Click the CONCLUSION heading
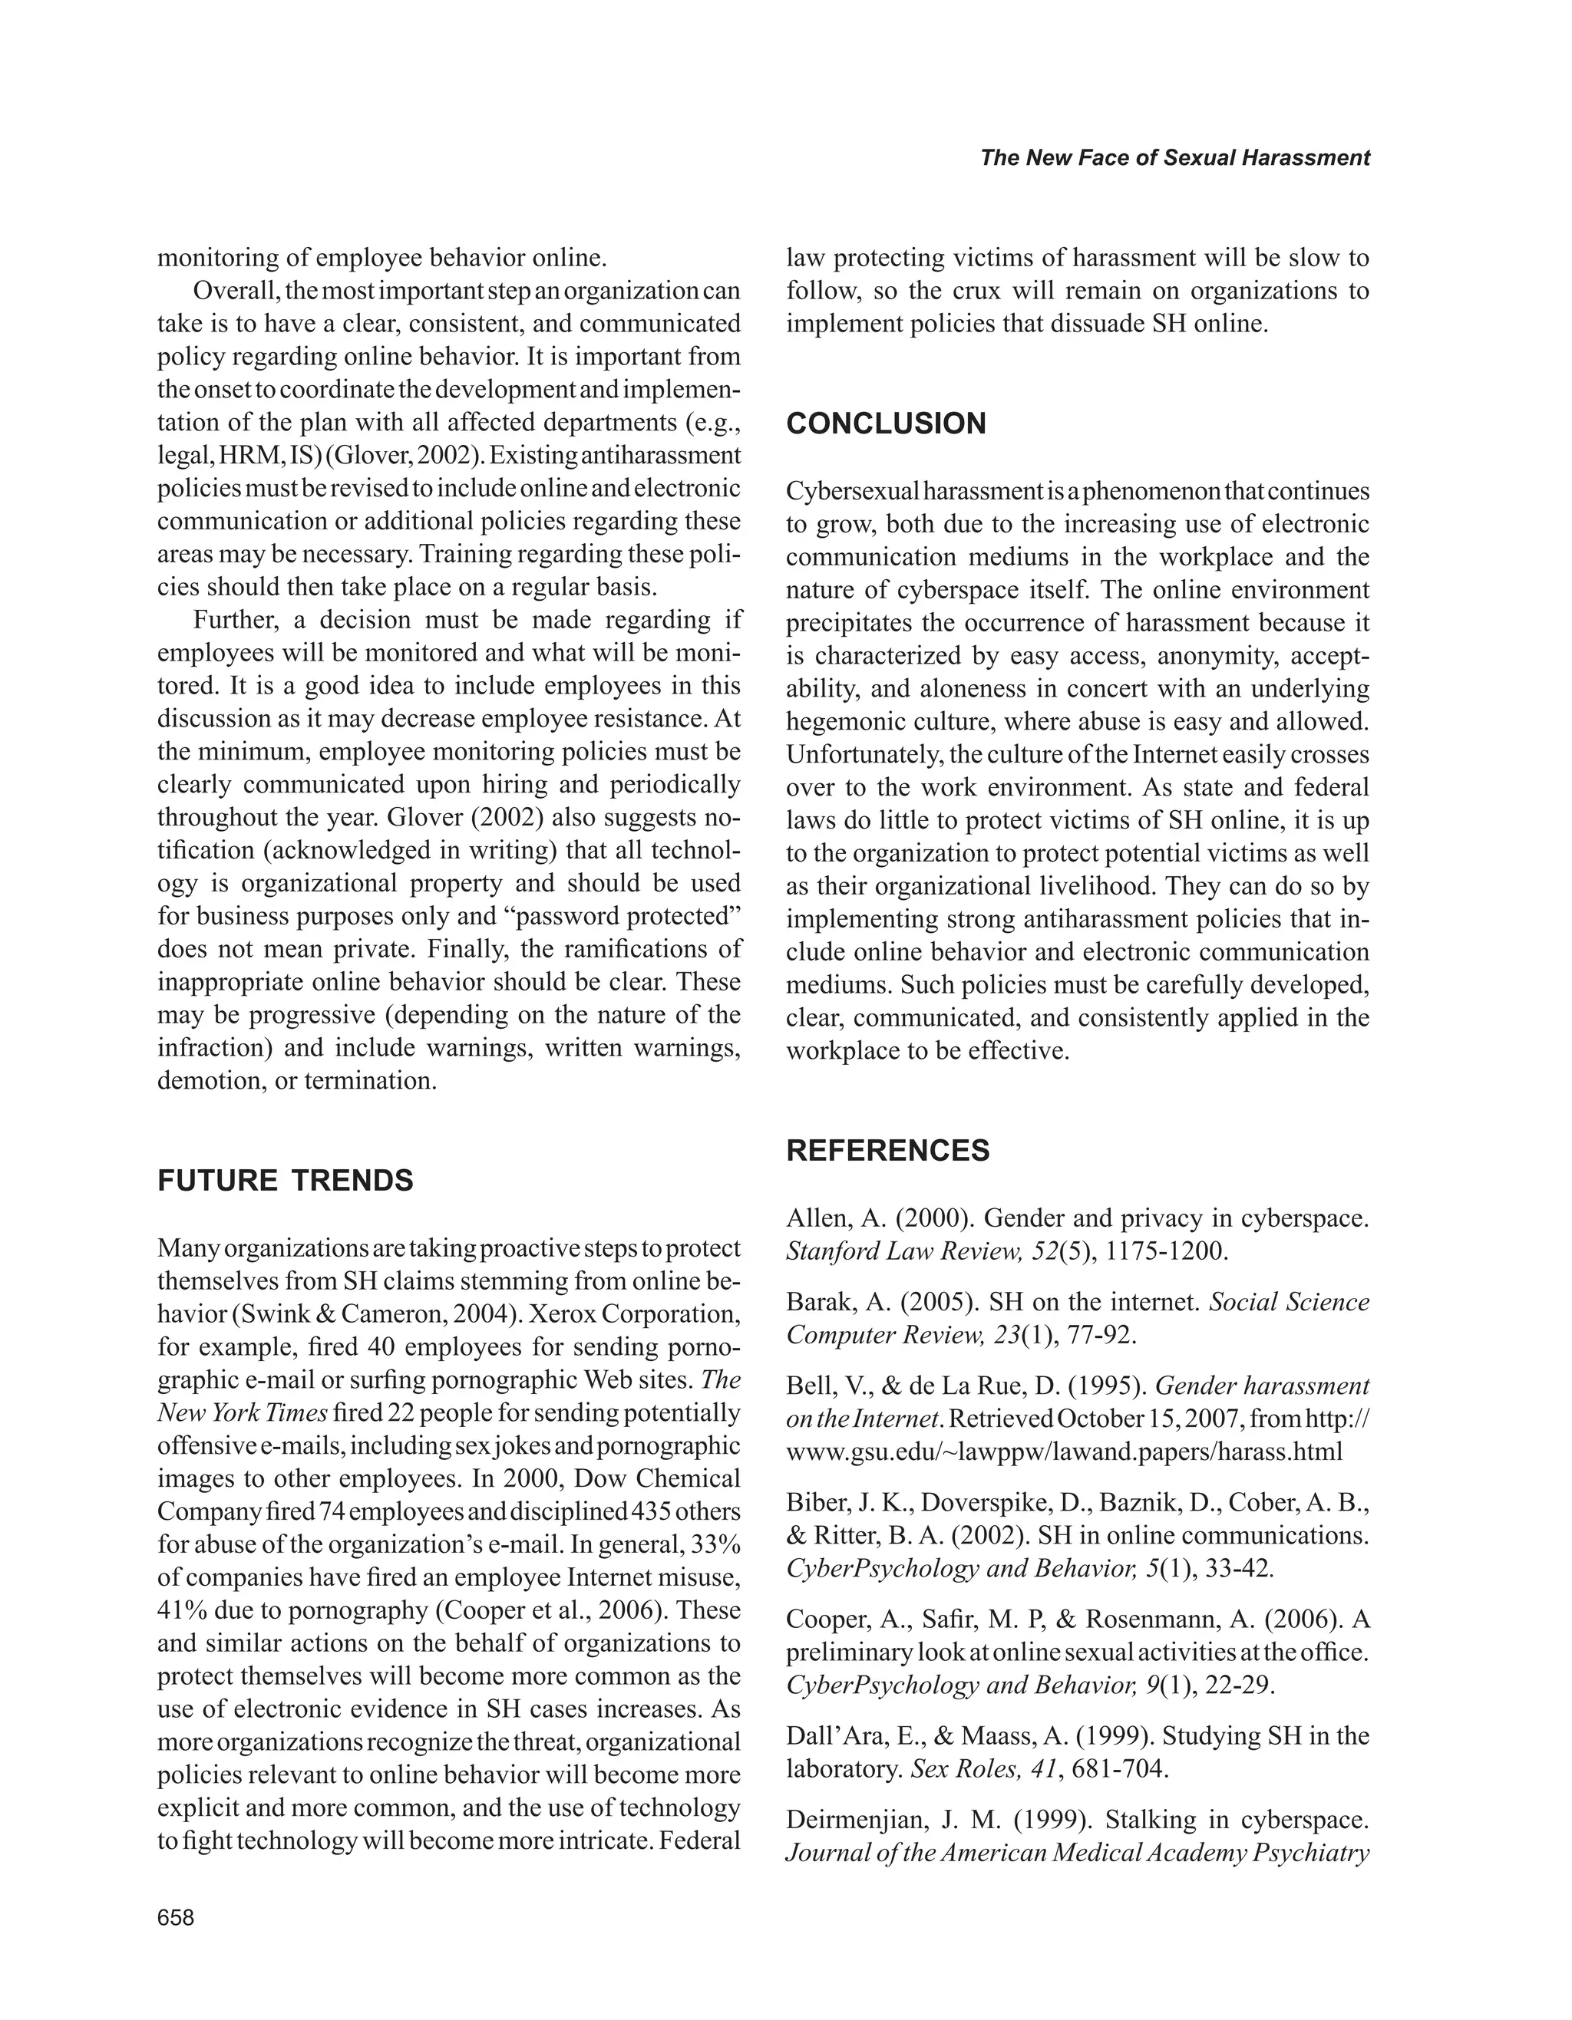(x=886, y=424)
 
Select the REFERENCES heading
(x=887, y=1151)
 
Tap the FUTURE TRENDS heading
(x=285, y=1181)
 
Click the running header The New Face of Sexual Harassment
(x=1174, y=158)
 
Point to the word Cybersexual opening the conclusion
(x=850, y=491)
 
